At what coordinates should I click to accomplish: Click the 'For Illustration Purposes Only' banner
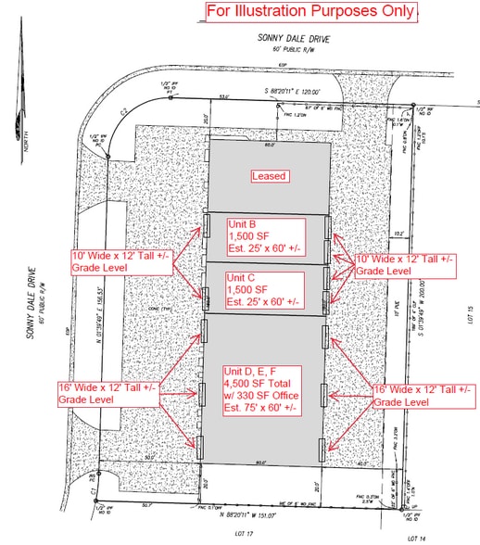pyautogui.click(x=310, y=11)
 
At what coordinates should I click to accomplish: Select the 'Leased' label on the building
pyautogui.click(x=269, y=175)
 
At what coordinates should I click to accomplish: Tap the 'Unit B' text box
pyautogui.click(x=265, y=236)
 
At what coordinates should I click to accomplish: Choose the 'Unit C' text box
pyautogui.click(x=265, y=289)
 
